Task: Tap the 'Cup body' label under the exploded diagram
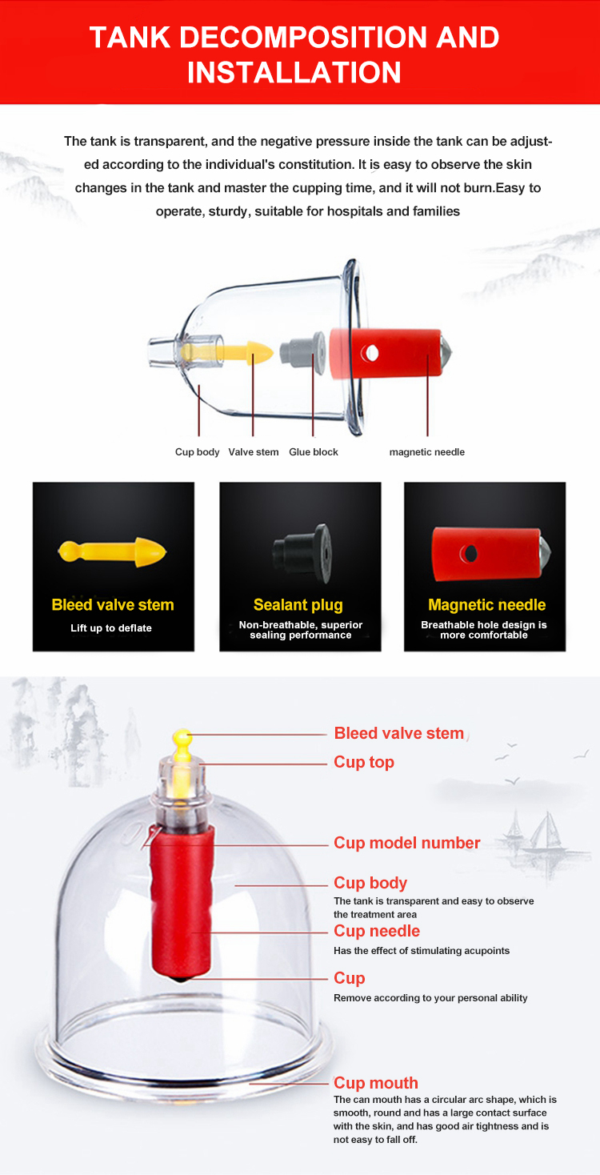point(197,452)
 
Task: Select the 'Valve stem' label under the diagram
point(254,452)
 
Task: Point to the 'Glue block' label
point(314,452)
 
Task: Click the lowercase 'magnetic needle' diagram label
point(426,452)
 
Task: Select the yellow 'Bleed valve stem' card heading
point(113,605)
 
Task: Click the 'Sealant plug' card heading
point(298,605)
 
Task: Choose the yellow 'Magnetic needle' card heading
point(486,605)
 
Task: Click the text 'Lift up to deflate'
point(111,628)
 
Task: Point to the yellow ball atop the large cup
point(182,736)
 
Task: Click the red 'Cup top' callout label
point(364,762)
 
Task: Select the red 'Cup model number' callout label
point(407,843)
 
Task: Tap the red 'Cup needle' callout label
point(377,931)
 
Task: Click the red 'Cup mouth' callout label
point(376,1083)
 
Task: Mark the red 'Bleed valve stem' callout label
point(399,733)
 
